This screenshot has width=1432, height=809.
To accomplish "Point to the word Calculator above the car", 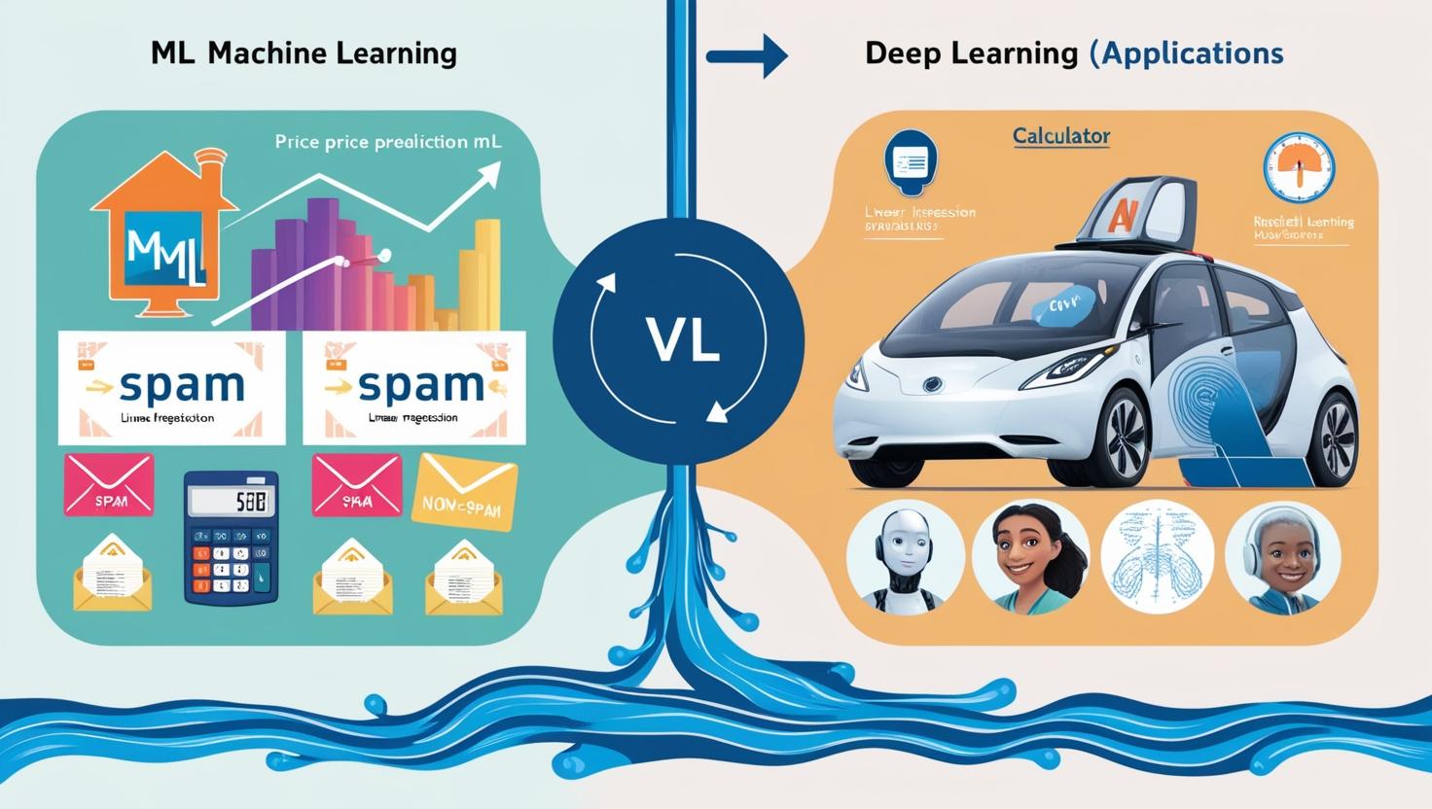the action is pyautogui.click(x=1061, y=136).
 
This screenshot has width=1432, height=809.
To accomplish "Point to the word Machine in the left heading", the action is pyautogui.click(x=266, y=53).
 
